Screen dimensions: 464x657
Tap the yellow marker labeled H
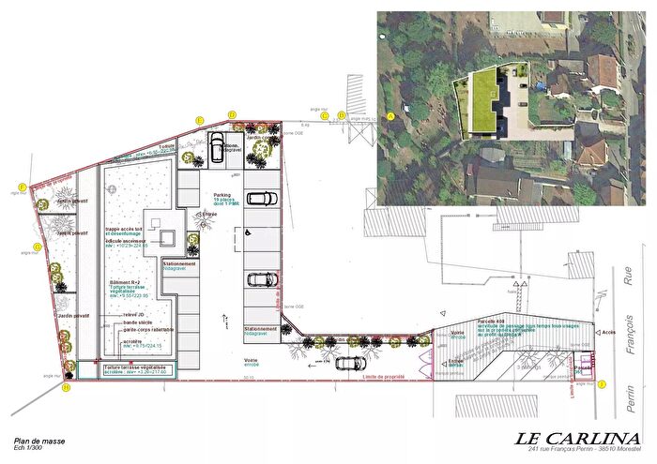point(66,387)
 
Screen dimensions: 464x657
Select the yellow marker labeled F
point(21,187)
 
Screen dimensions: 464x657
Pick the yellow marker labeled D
point(233,113)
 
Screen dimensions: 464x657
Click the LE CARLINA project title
point(573,440)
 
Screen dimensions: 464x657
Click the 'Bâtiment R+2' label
point(123,282)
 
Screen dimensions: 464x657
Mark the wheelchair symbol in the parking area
point(248,230)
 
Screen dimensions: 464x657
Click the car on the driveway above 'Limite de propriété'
point(351,363)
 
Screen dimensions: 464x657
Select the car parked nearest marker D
point(217,146)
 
